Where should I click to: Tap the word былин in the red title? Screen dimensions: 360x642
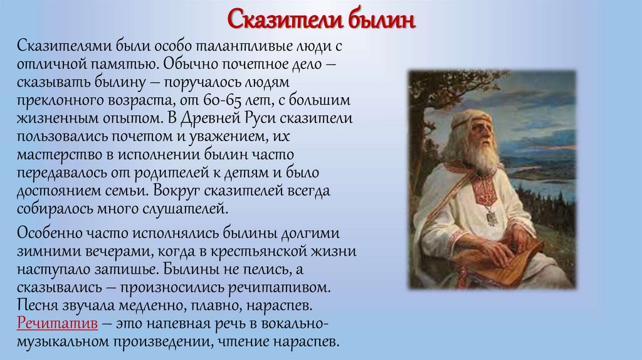click(x=379, y=19)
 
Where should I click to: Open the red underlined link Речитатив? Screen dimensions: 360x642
click(x=56, y=325)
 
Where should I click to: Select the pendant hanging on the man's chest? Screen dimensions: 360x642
click(x=492, y=216)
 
